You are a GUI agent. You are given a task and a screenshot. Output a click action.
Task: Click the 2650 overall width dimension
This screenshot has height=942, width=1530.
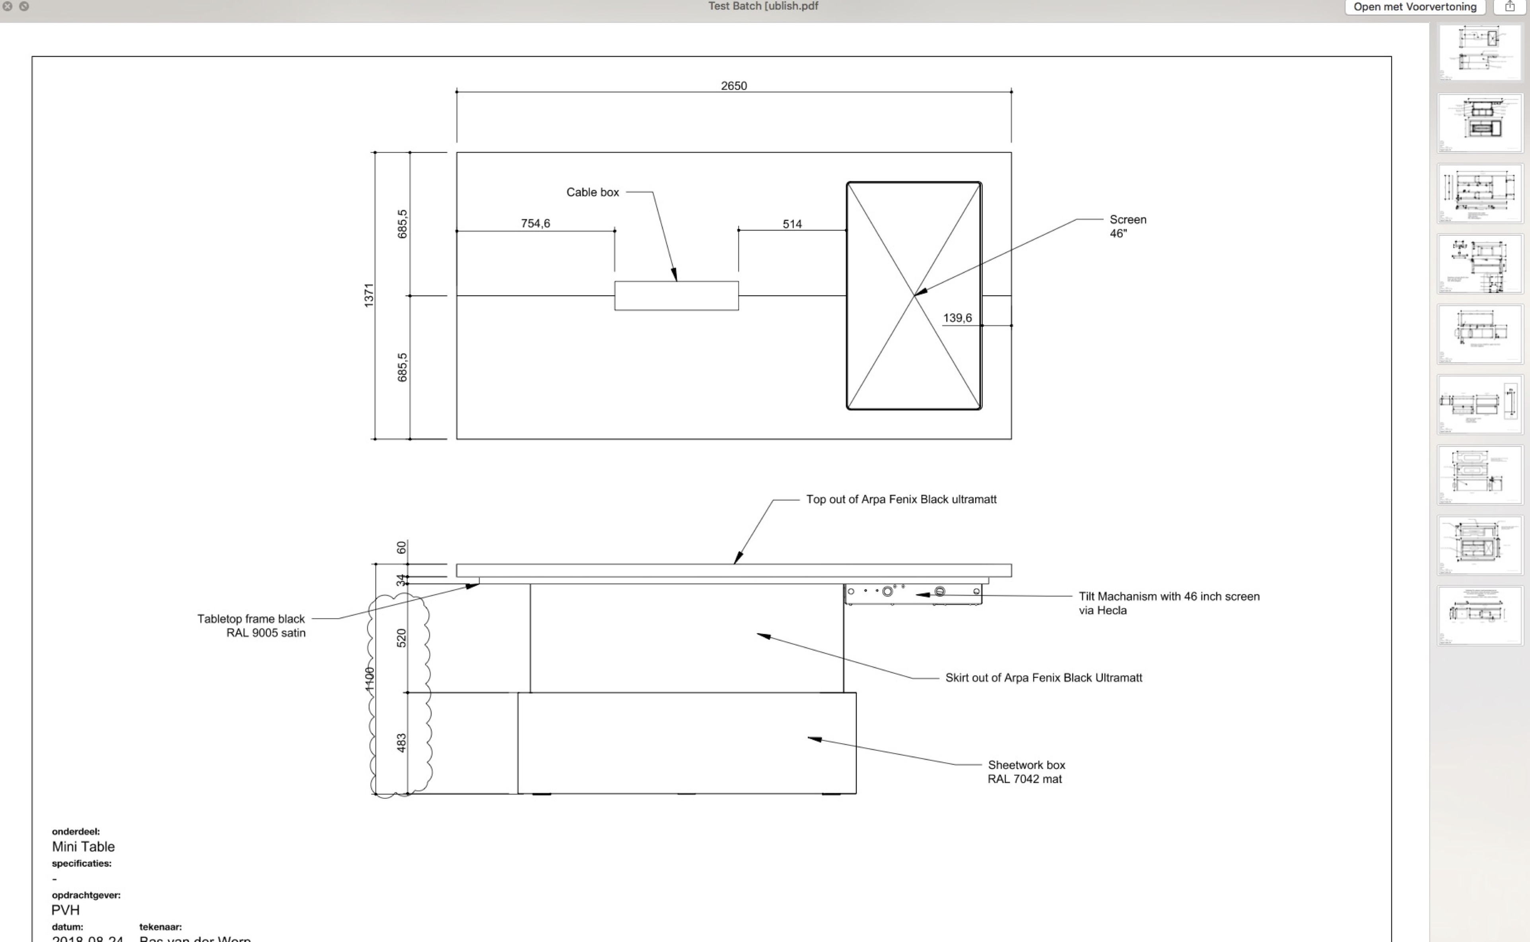(733, 86)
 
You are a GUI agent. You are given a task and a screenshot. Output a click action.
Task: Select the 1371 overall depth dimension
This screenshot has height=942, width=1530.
(369, 295)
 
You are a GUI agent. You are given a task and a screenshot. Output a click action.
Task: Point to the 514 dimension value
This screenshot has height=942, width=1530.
(792, 224)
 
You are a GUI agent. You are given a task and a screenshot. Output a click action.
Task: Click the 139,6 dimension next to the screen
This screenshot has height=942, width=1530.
(957, 318)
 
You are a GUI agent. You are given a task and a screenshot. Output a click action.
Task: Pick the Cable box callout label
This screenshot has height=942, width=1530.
(592, 192)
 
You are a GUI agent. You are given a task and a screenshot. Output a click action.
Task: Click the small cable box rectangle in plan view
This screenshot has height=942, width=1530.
(676, 296)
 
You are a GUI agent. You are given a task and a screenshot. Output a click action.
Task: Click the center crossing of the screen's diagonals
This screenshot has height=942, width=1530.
(914, 296)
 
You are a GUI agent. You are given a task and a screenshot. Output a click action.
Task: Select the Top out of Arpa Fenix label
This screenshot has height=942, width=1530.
(901, 500)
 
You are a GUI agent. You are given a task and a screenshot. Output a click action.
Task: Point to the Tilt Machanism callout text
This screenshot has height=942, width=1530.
(1168, 603)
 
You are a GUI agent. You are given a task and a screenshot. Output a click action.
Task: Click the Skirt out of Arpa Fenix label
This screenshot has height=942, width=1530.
(1043, 678)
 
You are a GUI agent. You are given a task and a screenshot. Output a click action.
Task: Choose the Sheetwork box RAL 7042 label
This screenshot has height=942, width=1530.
(1026, 772)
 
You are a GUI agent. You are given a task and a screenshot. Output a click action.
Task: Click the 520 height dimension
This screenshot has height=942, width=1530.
(401, 638)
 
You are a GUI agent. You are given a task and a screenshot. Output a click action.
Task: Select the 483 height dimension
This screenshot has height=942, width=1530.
(401, 742)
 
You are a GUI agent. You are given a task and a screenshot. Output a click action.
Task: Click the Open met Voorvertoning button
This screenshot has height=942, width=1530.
(1415, 7)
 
